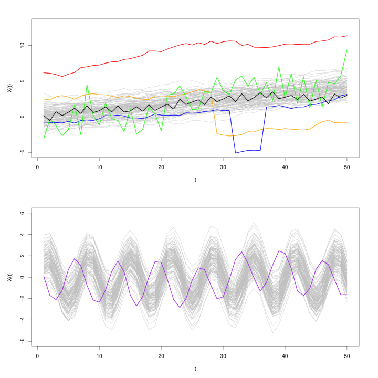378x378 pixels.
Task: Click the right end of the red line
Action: (x=346, y=36)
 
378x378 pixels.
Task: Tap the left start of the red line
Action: (x=44, y=73)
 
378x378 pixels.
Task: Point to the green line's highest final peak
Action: (x=346, y=50)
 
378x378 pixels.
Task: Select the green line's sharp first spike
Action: (x=87, y=85)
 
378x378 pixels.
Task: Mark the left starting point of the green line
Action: (x=44, y=139)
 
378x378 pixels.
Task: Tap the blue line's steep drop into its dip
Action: (x=233, y=131)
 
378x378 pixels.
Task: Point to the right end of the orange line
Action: (x=346, y=123)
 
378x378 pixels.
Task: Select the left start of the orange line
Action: (x=44, y=99)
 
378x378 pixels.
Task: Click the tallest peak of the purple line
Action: (x=279, y=251)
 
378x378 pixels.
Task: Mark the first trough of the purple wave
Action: (x=56, y=299)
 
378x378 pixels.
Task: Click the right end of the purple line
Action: (x=346, y=295)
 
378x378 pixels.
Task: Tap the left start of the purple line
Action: (x=44, y=275)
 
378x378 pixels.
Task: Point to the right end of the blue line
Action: (x=346, y=94)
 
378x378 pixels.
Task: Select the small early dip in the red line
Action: (x=62, y=76)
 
